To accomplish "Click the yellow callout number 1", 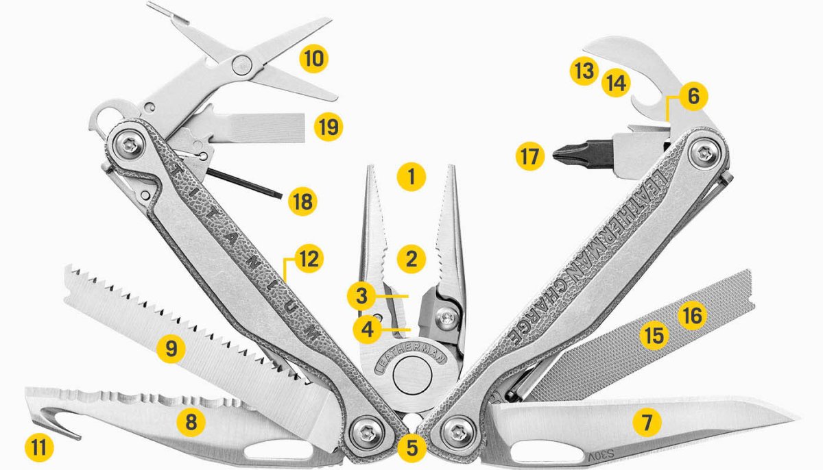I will click(410, 178).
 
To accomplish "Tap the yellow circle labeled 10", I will click(313, 58).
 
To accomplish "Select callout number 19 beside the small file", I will click(327, 127).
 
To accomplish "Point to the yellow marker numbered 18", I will click(301, 201).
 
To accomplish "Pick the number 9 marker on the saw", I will click(170, 349).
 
